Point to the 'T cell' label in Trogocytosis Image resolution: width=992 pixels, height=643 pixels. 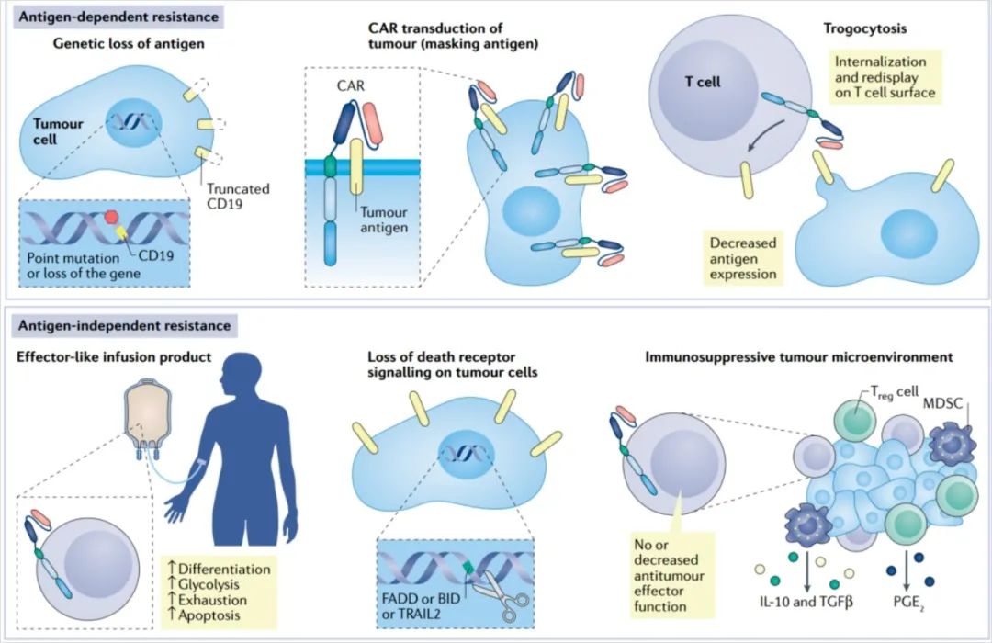[x=703, y=81]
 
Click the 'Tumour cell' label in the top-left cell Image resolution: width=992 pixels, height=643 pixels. [x=58, y=131]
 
